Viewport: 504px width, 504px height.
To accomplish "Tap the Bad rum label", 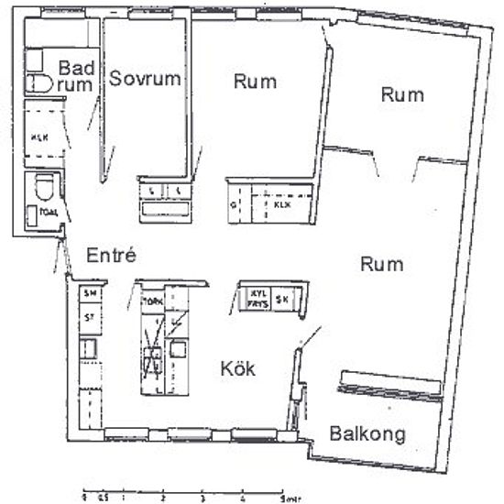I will pyautogui.click(x=75, y=76).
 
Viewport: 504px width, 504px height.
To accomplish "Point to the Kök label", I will pyautogui.click(x=237, y=369).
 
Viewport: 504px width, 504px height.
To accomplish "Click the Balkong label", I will pyautogui.click(x=367, y=434).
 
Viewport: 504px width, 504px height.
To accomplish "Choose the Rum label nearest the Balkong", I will pyautogui.click(x=382, y=265).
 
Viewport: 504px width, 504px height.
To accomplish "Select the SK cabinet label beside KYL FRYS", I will pyautogui.click(x=284, y=299).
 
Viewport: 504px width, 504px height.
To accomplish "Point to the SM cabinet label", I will pyautogui.click(x=90, y=293).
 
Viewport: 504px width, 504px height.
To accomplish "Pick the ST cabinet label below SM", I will pyautogui.click(x=90, y=317).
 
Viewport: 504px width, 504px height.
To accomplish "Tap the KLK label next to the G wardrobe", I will pyautogui.click(x=280, y=205).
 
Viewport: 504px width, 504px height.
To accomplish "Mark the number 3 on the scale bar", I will pyautogui.click(x=202, y=496).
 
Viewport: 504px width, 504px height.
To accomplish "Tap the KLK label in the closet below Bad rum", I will pyautogui.click(x=39, y=139).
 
